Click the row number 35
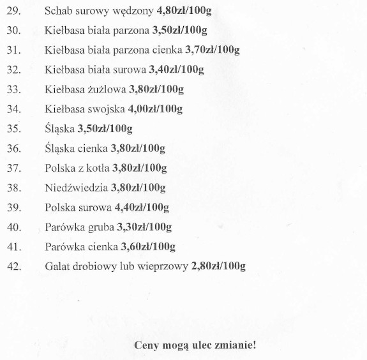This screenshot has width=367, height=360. click(13, 129)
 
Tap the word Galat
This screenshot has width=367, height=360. click(58, 266)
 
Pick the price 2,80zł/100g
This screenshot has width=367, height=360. click(219, 266)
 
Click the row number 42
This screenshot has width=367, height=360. click(13, 266)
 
